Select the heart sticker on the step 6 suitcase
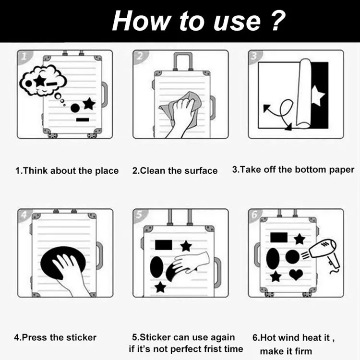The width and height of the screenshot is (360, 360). coord(296,275)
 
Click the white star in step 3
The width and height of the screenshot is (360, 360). coord(318,96)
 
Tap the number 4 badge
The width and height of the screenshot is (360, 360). coord(24,215)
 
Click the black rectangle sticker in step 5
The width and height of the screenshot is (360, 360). coord(164,245)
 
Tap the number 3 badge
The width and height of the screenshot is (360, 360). coord(255,57)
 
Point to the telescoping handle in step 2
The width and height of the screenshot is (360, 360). coord(183,61)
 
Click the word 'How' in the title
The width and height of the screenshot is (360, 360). coord(141,21)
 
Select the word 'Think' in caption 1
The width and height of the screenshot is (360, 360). coord(35,171)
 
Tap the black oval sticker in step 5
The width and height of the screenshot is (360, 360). coord(156,267)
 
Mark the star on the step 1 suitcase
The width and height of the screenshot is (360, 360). coord(89,104)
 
